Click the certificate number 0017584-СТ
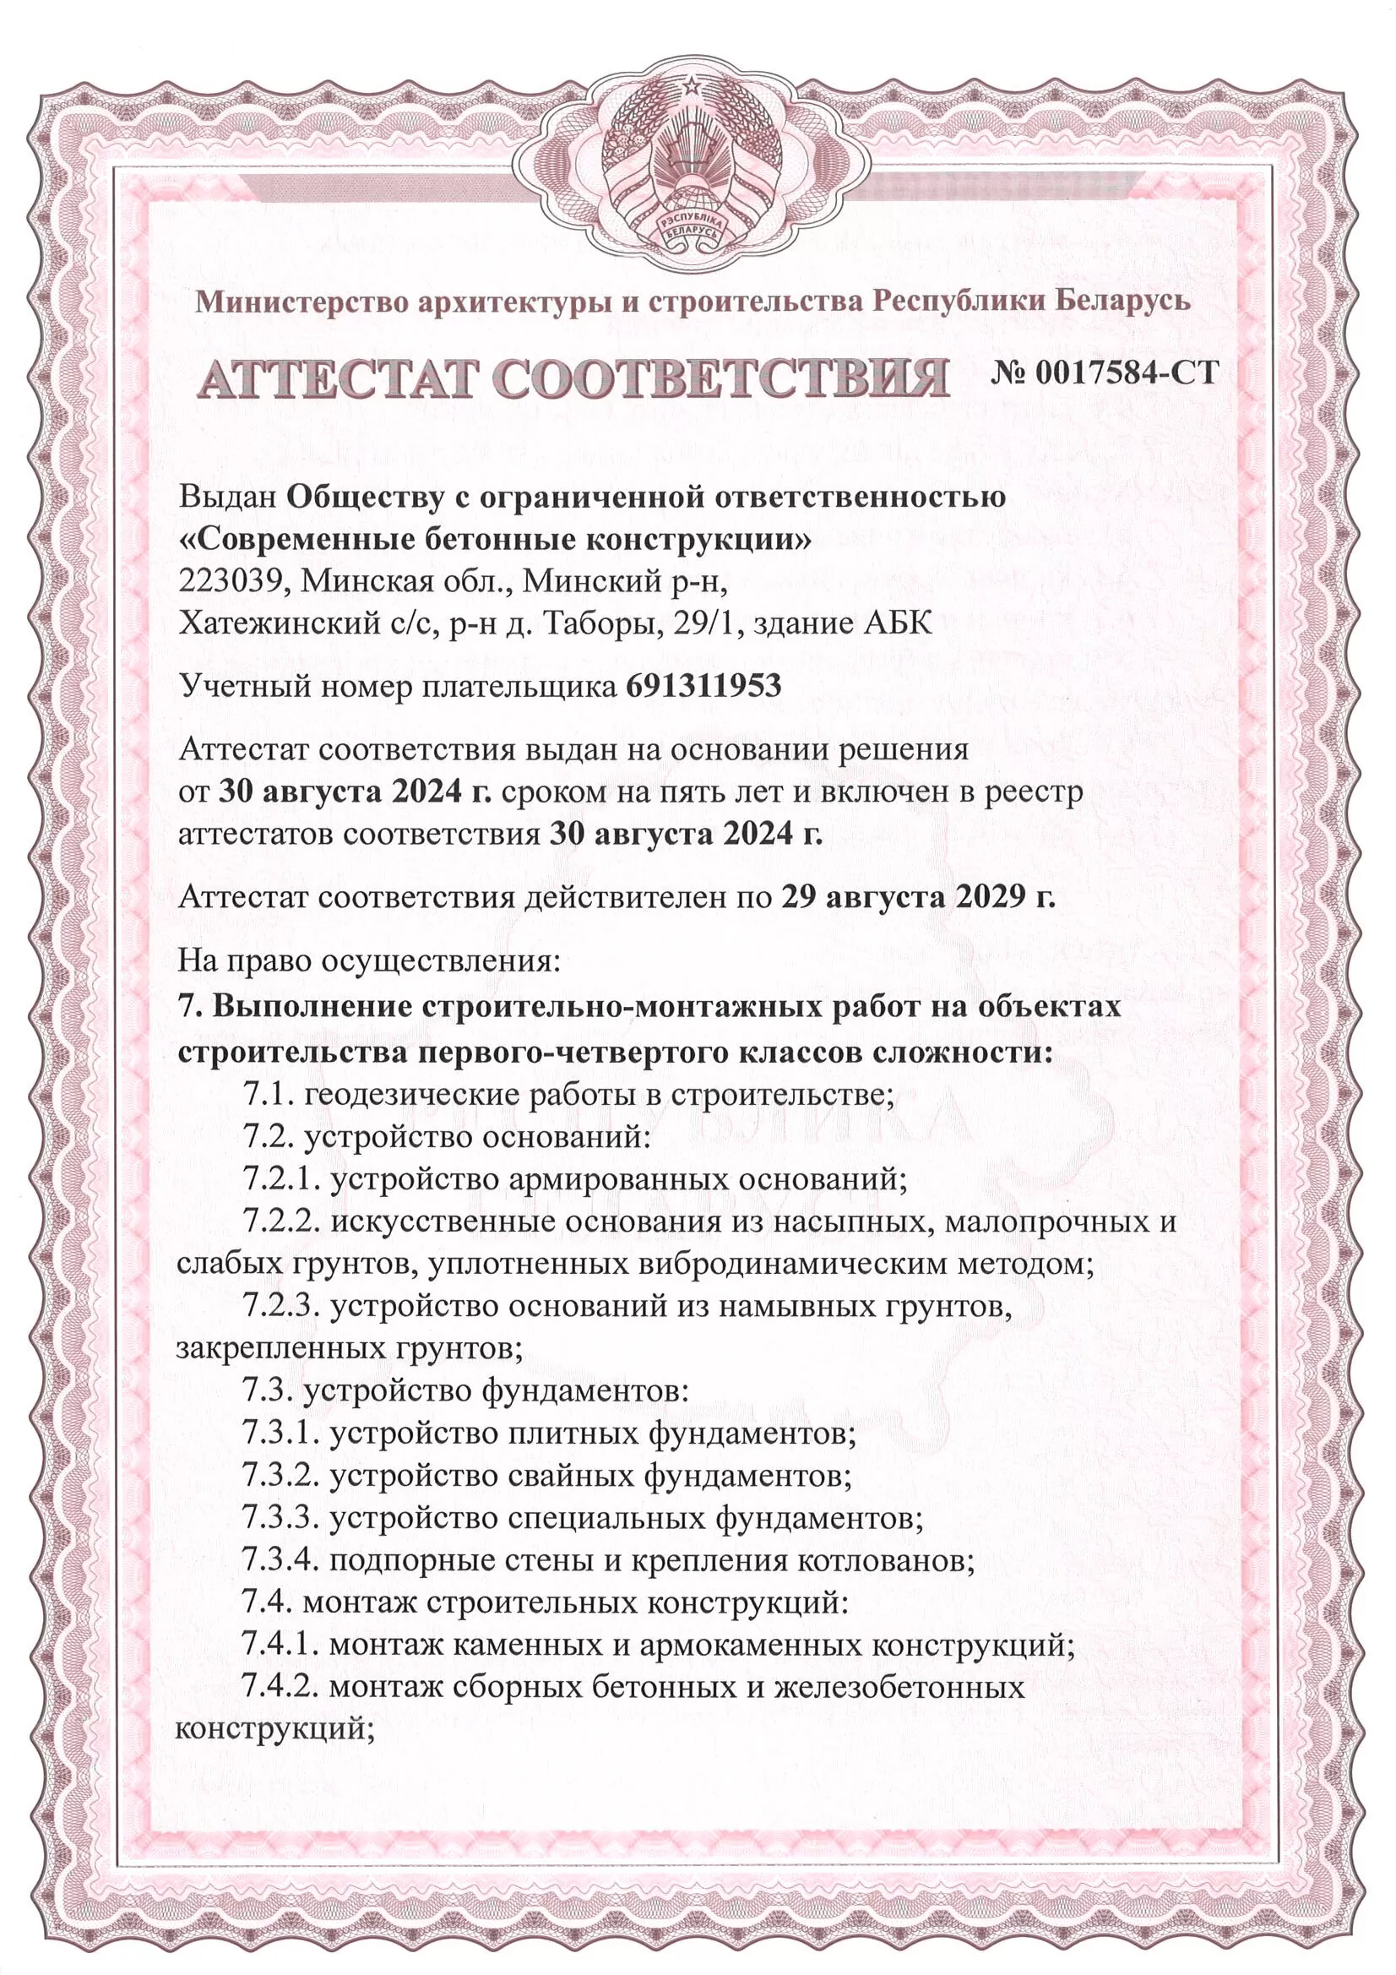1127,373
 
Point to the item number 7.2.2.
280,1221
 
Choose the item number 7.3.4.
280,1559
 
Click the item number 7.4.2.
280,1686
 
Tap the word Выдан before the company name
227,498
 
